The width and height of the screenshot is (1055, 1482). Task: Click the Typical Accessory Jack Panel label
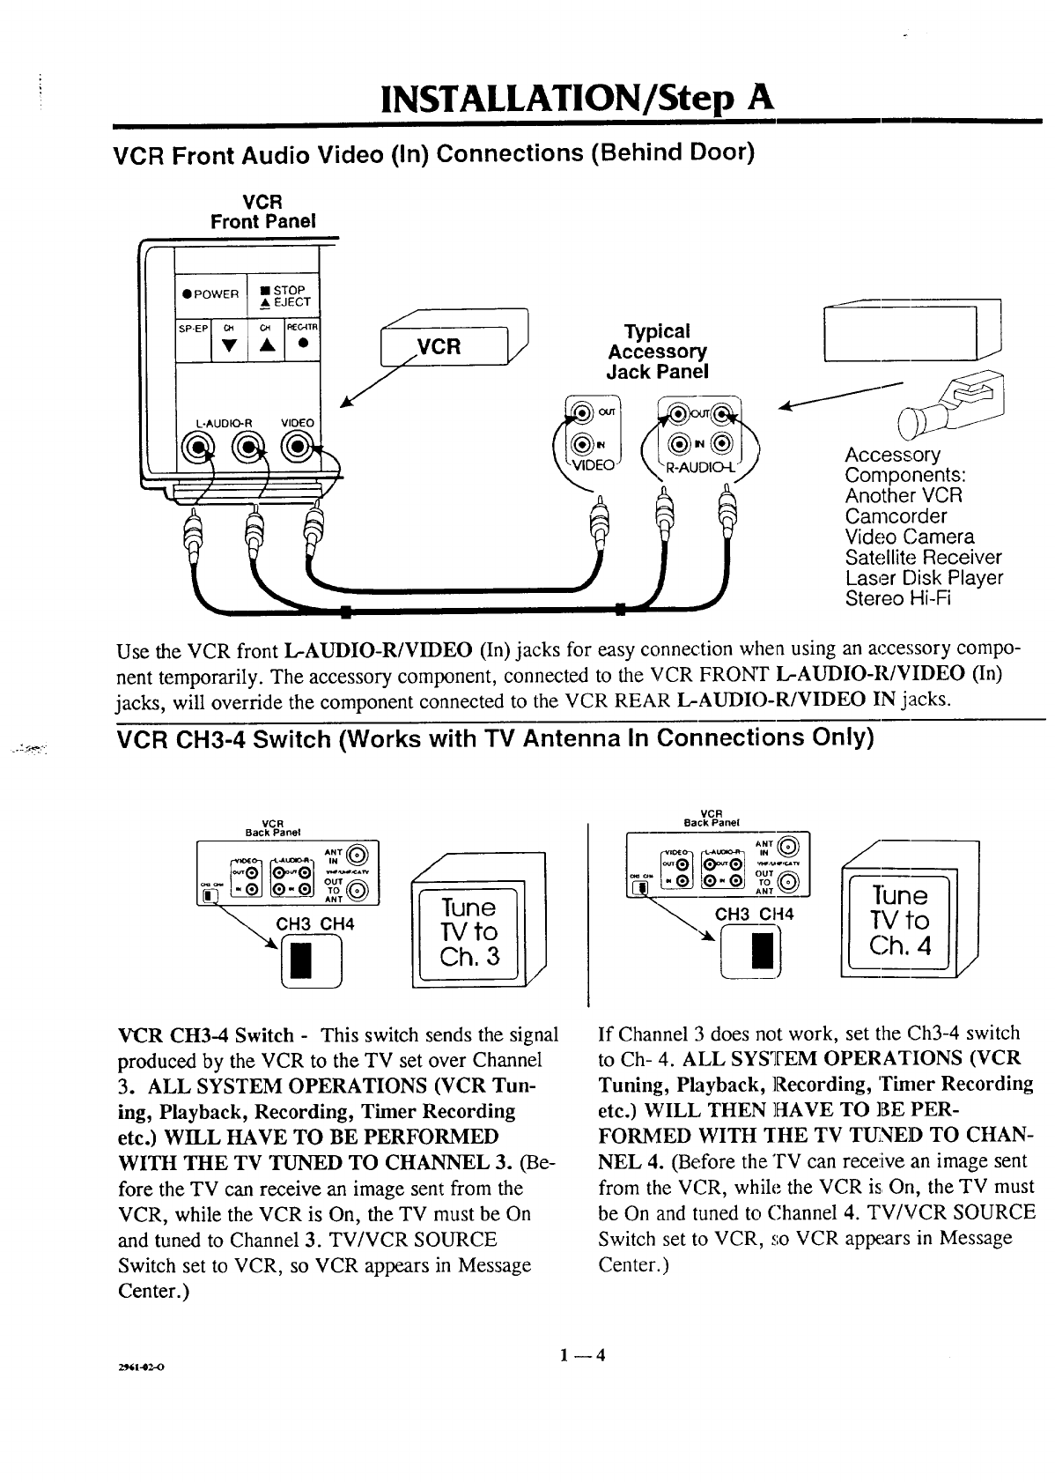(657, 352)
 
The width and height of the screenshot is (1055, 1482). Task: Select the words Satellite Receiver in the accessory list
(922, 558)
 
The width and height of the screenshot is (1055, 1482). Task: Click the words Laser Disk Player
(923, 578)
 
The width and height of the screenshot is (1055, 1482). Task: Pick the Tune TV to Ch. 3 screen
(470, 932)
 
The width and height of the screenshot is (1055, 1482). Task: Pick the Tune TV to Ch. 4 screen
(898, 921)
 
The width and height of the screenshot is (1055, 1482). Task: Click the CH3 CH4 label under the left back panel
(314, 924)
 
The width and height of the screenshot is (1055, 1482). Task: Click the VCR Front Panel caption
(262, 211)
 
